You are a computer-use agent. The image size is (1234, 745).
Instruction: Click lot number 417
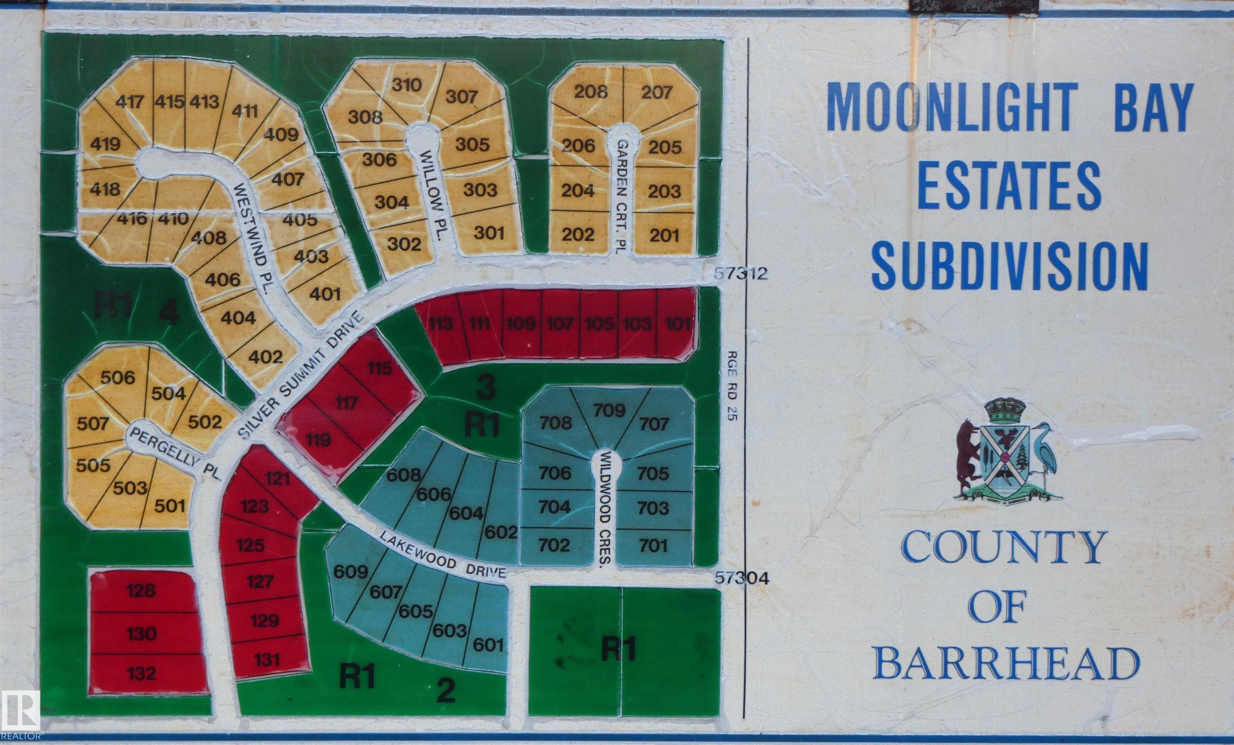pos(130,102)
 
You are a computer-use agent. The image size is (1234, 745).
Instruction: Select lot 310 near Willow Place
pos(407,85)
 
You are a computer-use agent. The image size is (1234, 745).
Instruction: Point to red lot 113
pos(441,323)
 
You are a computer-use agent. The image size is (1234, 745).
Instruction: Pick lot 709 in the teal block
pos(609,410)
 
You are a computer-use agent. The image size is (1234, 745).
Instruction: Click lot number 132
pos(141,673)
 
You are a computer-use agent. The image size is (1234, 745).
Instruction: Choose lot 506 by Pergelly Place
pos(118,377)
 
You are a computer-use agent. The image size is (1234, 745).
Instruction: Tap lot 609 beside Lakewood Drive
pos(351,571)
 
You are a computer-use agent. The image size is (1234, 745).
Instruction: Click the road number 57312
pos(741,274)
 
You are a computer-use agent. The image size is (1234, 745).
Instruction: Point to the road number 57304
pos(742,578)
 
